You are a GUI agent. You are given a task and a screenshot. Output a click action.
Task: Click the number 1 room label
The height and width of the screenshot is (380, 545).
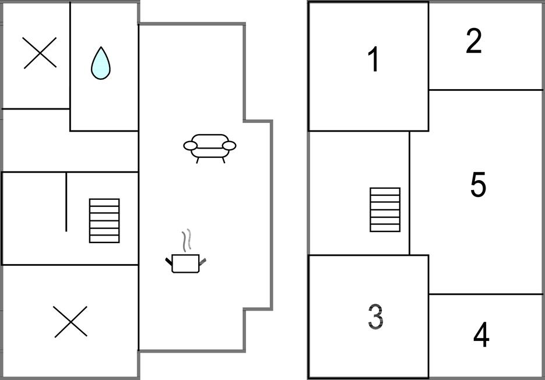tap(374, 59)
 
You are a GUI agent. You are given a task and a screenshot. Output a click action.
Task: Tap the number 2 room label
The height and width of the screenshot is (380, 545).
tap(474, 41)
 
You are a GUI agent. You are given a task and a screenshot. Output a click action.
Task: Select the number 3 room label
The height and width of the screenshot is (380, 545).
tap(376, 316)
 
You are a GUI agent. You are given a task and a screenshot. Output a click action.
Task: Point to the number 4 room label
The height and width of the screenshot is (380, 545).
tap(481, 335)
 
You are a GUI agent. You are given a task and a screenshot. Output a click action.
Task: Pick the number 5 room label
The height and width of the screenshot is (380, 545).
tap(477, 185)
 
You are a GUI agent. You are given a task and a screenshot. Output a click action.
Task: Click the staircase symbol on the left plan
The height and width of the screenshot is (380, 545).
tap(104, 220)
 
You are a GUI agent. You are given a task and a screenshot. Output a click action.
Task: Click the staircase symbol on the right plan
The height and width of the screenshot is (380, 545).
tap(385, 209)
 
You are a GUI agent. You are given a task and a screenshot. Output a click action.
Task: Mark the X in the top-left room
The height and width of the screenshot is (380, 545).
tap(40, 52)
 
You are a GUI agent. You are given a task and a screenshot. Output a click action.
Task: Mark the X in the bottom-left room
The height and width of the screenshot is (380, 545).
tap(71, 322)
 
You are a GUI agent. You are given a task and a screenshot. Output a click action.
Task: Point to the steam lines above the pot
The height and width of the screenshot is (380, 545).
tap(186, 240)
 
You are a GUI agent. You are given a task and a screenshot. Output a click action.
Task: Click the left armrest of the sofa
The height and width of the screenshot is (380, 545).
tap(190, 146)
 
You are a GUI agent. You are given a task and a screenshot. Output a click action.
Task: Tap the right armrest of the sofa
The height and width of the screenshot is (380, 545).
tap(230, 145)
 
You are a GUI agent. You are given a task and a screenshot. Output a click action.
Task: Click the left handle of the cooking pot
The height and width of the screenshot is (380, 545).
tap(168, 261)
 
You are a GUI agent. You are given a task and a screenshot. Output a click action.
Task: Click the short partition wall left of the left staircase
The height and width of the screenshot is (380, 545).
tap(66, 202)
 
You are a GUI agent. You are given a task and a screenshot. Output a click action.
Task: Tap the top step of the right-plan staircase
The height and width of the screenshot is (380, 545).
tap(385, 191)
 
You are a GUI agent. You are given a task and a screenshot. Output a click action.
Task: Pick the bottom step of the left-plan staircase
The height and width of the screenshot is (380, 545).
tap(104, 239)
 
